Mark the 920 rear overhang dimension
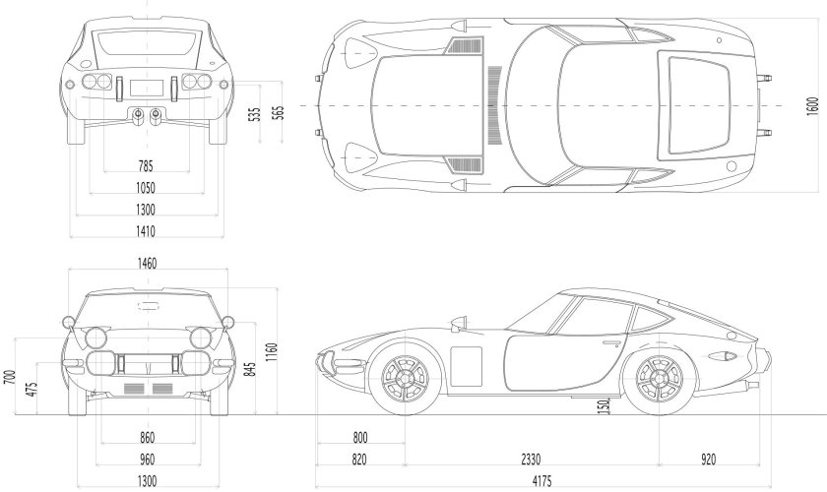[x=709, y=458]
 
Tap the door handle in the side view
[x=612, y=343]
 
